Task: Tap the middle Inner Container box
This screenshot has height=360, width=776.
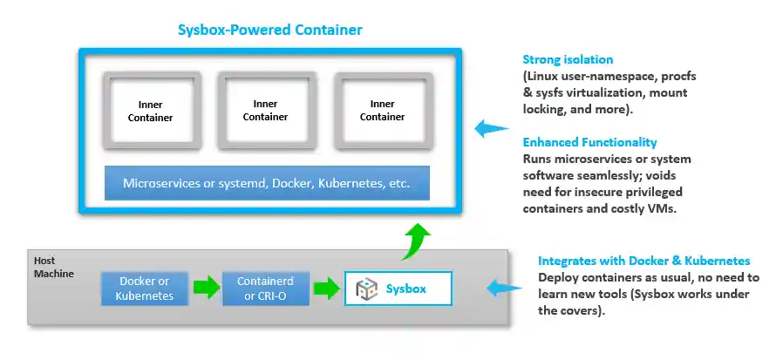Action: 265,111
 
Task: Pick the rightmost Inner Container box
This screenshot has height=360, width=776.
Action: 382,111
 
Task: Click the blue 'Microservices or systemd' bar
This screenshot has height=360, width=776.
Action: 266,184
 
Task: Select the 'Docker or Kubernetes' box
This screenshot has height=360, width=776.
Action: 144,289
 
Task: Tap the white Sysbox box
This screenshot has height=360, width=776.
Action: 398,289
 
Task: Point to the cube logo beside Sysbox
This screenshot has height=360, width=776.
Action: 368,289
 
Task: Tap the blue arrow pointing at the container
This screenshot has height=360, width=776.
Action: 491,130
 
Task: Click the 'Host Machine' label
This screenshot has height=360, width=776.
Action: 54,268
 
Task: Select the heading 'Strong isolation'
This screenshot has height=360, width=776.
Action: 568,60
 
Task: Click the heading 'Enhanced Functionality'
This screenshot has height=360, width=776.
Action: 589,142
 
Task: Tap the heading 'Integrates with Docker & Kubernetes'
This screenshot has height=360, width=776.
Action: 643,261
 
